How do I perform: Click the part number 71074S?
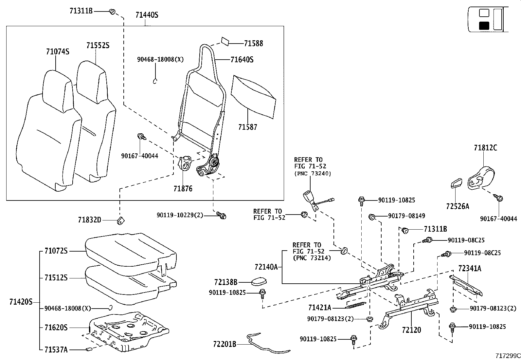(58, 52)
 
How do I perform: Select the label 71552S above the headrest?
(98, 46)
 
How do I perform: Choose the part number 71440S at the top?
(147, 15)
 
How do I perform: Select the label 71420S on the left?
(21, 302)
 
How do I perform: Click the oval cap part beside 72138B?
(259, 281)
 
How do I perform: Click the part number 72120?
(411, 330)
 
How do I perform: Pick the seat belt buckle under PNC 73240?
(310, 198)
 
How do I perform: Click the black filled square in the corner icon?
(484, 26)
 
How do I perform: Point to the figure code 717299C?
(507, 355)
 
